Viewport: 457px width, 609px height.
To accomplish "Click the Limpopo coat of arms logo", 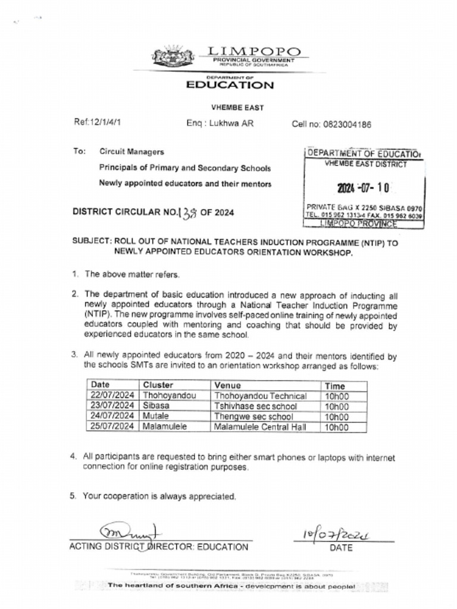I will pos(173,56).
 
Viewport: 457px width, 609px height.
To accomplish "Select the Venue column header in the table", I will pos(227,385).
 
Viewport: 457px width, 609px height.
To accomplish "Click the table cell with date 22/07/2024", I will pos(113,396).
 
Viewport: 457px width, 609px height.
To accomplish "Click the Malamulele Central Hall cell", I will pos(259,427).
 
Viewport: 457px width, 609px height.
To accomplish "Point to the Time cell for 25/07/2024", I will pos(337,427).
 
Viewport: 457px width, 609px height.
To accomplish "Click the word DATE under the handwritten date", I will pos(341,548).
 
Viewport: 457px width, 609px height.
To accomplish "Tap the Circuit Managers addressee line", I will pos(132,152).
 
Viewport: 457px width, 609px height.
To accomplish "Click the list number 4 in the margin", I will pos(74,457).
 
